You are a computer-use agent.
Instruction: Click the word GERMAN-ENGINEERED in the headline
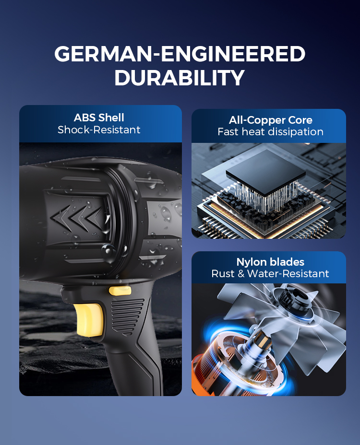point(180,54)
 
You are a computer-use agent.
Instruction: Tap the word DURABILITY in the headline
point(180,78)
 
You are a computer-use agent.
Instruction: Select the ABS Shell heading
point(99,117)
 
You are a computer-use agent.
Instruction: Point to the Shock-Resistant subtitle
point(99,129)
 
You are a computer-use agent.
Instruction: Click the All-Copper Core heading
point(271,120)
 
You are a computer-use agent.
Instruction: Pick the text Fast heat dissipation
point(271,132)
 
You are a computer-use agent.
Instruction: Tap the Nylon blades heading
point(270,262)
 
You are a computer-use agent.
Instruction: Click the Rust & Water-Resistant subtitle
point(270,274)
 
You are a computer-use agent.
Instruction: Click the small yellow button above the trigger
point(120,291)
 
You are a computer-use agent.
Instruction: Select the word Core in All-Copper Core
point(300,120)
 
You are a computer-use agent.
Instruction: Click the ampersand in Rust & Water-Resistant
point(241,274)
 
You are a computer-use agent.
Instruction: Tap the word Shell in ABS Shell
point(111,117)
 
